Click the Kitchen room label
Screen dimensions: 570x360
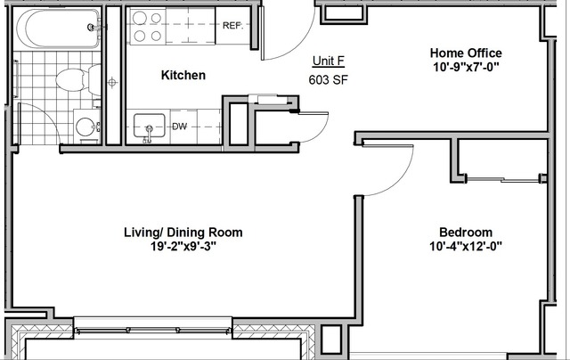click(x=183, y=75)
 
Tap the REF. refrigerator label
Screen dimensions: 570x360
click(x=232, y=26)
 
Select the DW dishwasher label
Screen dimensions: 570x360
click(x=179, y=127)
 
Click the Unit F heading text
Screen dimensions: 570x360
click(x=329, y=61)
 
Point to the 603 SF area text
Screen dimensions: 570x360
click(x=329, y=79)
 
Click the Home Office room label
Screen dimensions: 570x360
click(x=466, y=53)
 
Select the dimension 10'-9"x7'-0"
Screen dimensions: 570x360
click(x=466, y=67)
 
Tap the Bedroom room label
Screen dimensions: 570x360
click(x=466, y=232)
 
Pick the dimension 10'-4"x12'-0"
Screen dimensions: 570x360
click(x=466, y=246)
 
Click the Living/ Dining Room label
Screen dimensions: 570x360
click(x=183, y=233)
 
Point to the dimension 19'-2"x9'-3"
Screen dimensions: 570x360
click(x=183, y=246)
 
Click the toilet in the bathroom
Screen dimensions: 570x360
click(x=78, y=79)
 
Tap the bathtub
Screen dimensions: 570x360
click(x=58, y=29)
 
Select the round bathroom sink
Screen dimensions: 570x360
click(x=86, y=127)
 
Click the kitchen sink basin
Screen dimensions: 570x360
click(x=149, y=126)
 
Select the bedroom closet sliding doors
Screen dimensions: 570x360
click(x=502, y=179)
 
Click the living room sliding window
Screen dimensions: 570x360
click(x=152, y=331)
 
